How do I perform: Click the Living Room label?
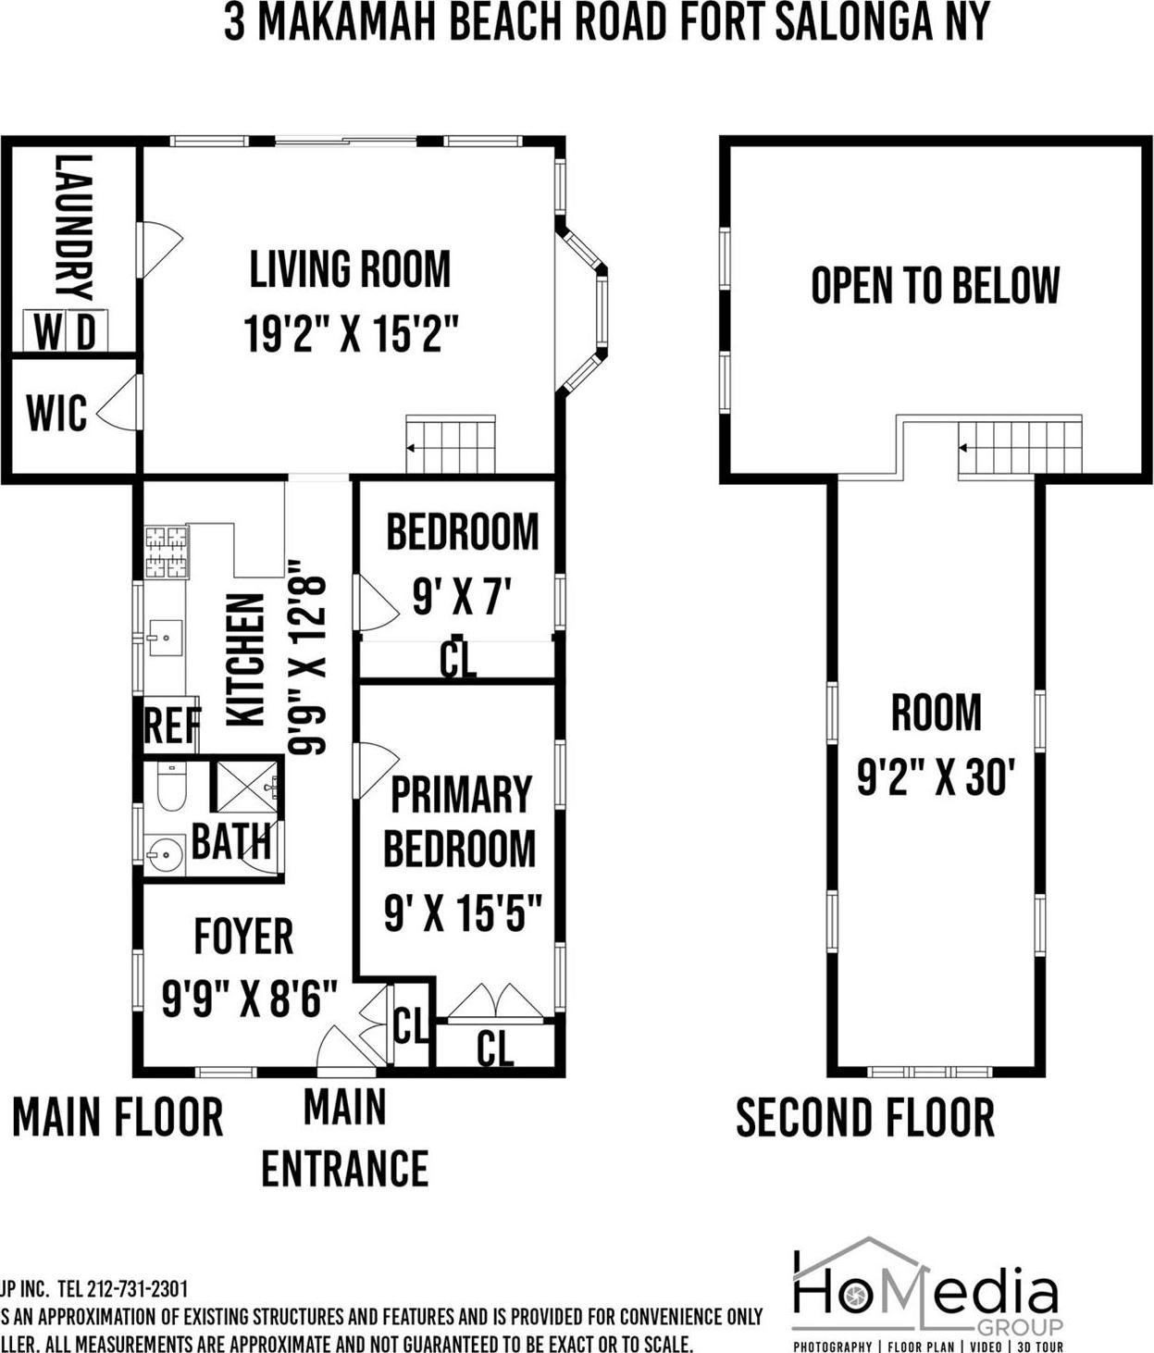[350, 269]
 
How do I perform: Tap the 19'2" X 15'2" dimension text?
[351, 334]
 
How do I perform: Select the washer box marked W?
[45, 331]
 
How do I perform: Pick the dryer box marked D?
[87, 331]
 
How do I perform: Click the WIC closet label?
[56, 414]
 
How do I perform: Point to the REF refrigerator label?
[171, 726]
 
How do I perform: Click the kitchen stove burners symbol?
[166, 552]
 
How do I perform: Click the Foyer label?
[243, 937]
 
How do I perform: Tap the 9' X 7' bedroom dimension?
[462, 597]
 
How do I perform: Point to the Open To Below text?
[935, 285]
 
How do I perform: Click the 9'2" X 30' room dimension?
[937, 776]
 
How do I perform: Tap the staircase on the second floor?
[1019, 448]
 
